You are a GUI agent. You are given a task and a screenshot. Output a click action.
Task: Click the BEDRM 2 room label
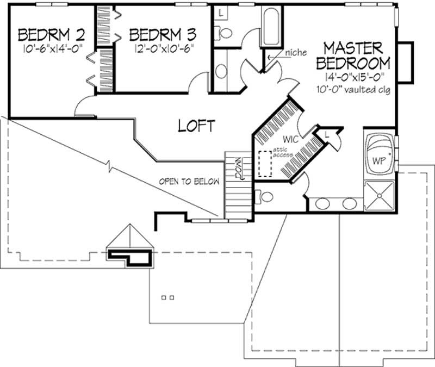click(x=52, y=35)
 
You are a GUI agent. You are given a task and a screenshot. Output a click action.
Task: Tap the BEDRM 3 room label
click(x=163, y=35)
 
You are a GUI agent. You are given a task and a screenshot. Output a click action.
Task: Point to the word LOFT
click(x=196, y=126)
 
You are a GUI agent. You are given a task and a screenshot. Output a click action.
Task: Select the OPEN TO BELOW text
click(x=189, y=182)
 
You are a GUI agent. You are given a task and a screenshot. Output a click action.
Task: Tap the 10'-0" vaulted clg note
click(x=356, y=88)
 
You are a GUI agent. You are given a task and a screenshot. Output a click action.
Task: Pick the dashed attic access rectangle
click(x=266, y=163)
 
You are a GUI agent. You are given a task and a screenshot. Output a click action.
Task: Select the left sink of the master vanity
click(x=322, y=204)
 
